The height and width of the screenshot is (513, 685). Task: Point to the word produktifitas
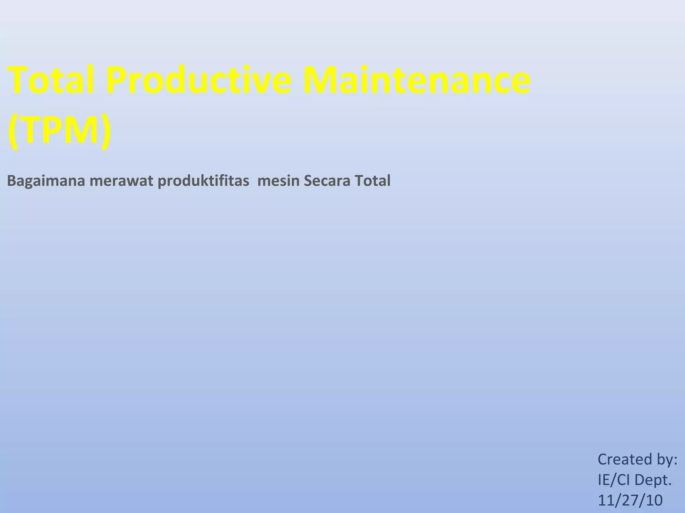tap(203, 181)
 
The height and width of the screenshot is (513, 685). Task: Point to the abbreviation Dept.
tap(654, 480)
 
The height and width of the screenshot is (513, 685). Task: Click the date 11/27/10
tap(630, 500)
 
